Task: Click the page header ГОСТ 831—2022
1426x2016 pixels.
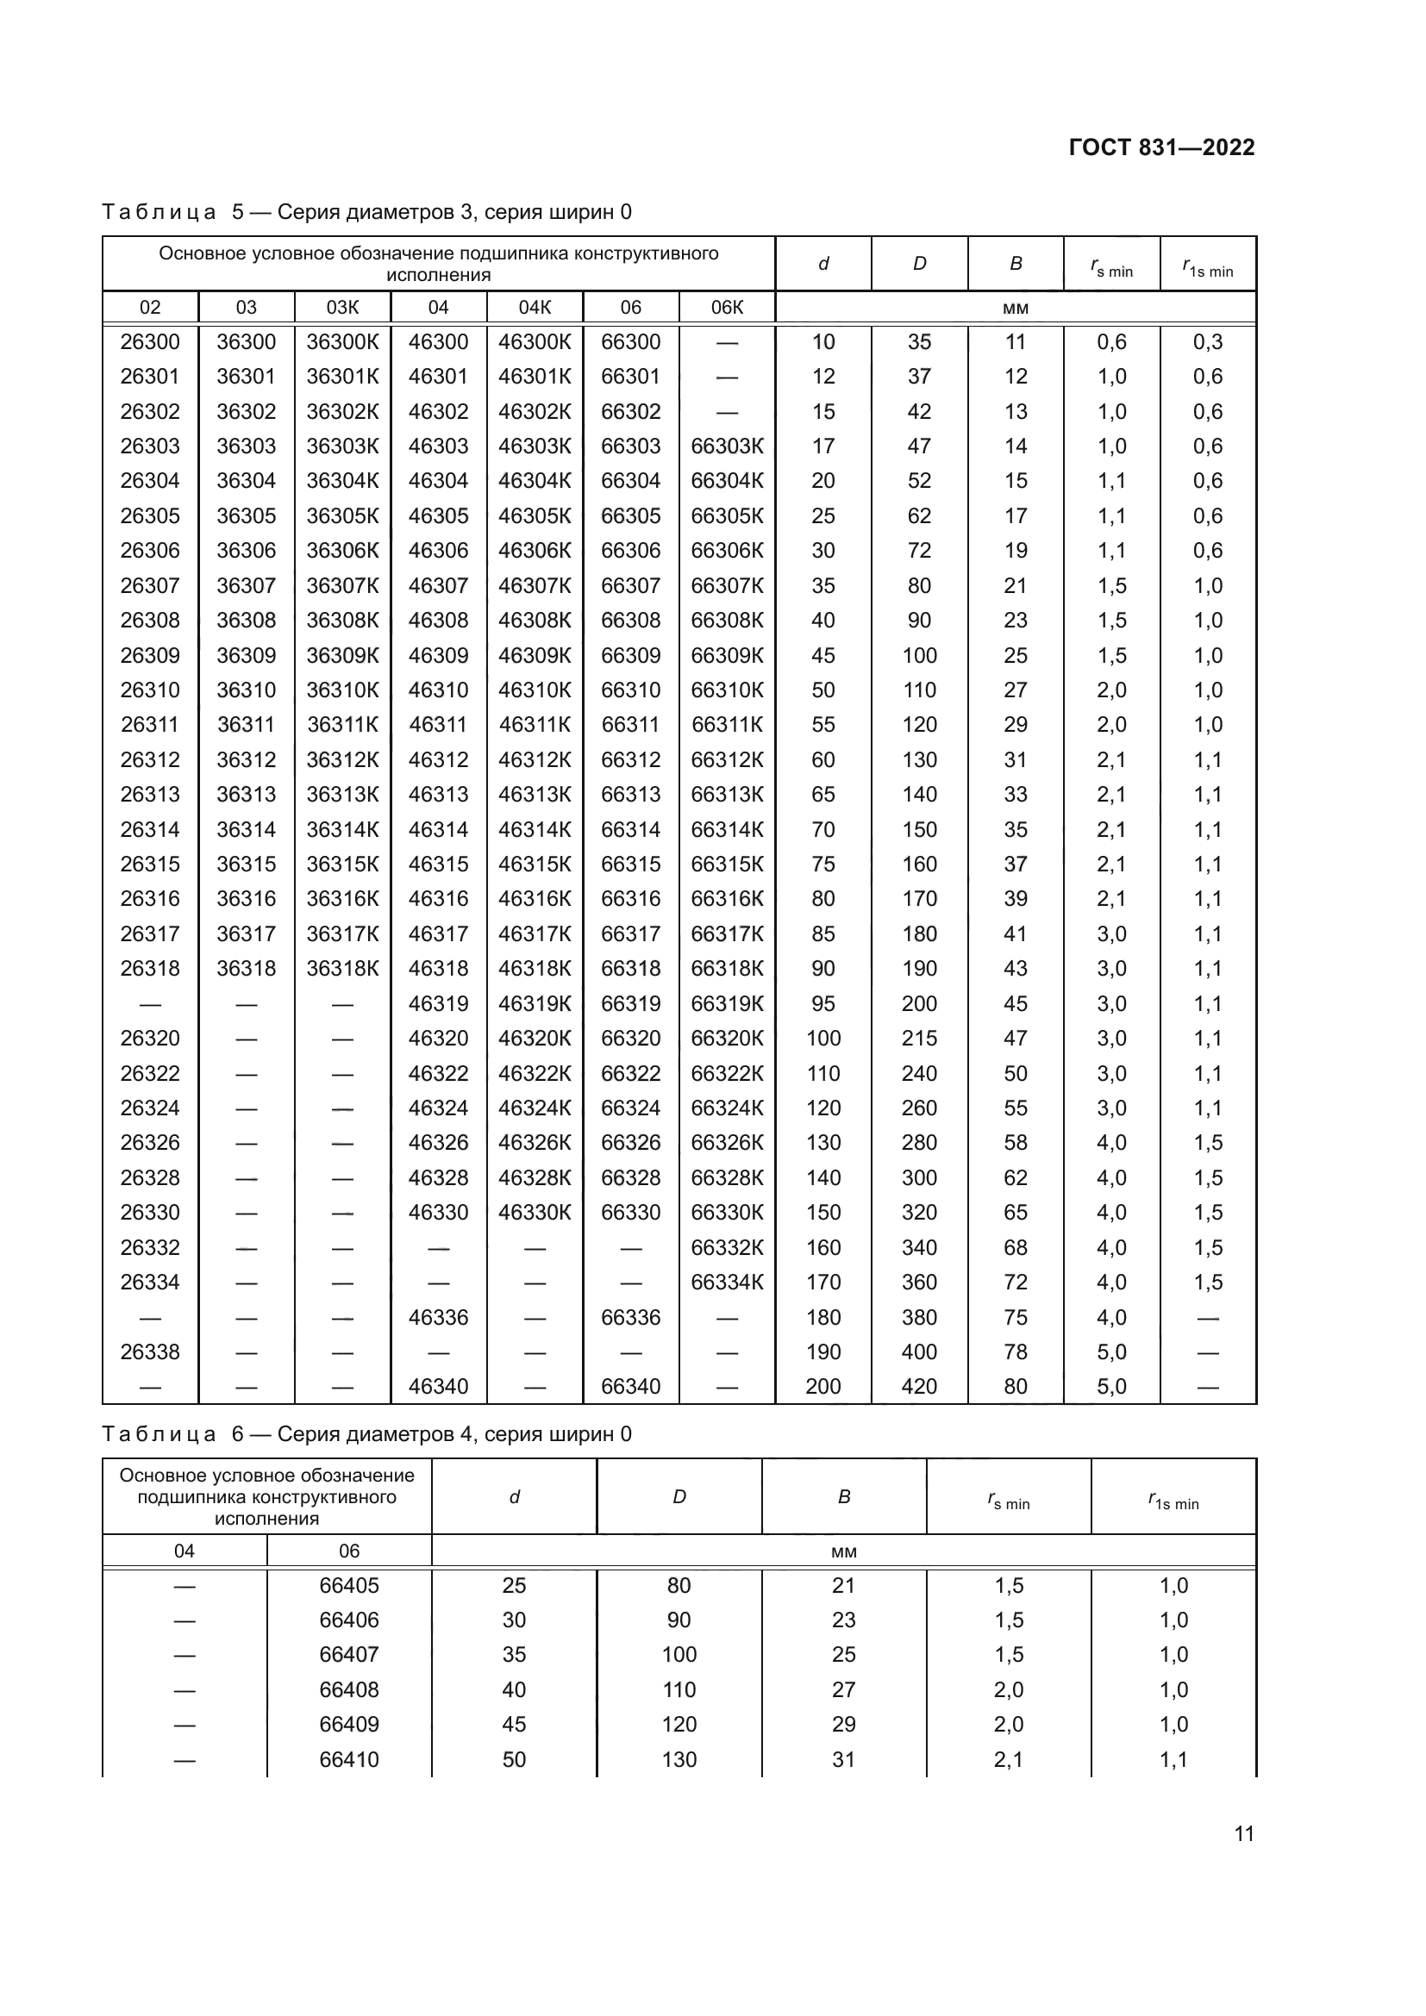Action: [x=1160, y=147]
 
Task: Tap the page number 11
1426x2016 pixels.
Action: [x=1243, y=1833]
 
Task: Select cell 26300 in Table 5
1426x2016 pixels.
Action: [x=150, y=341]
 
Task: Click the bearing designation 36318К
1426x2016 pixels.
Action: [x=342, y=969]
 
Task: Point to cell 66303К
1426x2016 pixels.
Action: [x=727, y=446]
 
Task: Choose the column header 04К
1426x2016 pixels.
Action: [x=535, y=308]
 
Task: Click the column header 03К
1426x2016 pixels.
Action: [x=342, y=308]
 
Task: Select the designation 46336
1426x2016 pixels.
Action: [x=438, y=1317]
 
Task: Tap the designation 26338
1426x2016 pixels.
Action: [x=150, y=1351]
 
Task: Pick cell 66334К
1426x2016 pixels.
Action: [x=727, y=1282]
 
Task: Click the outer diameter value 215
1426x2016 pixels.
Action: [x=919, y=1038]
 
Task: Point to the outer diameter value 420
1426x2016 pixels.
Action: [x=919, y=1387]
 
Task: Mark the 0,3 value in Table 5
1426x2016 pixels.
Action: [x=1207, y=341]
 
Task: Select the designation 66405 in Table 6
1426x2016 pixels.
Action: [x=349, y=1585]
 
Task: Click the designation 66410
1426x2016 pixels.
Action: [x=349, y=1760]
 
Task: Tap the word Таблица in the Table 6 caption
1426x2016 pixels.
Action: [x=159, y=1435]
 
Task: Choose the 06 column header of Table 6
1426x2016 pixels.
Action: [x=349, y=1551]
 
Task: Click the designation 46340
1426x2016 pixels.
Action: [x=438, y=1387]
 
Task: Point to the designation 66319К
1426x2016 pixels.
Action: [x=727, y=1003]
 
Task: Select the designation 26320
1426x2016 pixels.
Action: [x=150, y=1038]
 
